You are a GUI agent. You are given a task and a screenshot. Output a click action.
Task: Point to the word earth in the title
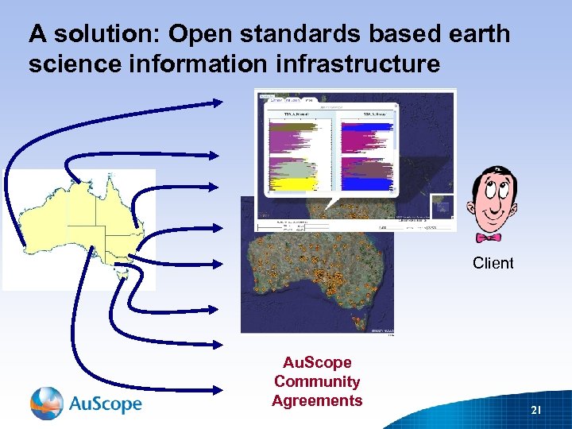point(473,34)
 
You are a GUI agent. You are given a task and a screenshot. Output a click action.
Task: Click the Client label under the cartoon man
point(493,263)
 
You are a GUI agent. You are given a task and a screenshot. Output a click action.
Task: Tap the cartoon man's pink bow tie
point(489,238)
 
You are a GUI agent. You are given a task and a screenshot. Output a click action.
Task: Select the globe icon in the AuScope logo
point(46,403)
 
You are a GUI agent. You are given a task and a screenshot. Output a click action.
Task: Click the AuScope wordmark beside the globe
point(105,404)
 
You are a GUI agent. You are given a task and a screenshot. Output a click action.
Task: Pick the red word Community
point(317,382)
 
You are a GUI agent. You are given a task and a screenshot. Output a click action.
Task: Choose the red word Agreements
point(317,401)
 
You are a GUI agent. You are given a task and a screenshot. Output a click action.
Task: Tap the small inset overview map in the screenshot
point(441,206)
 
